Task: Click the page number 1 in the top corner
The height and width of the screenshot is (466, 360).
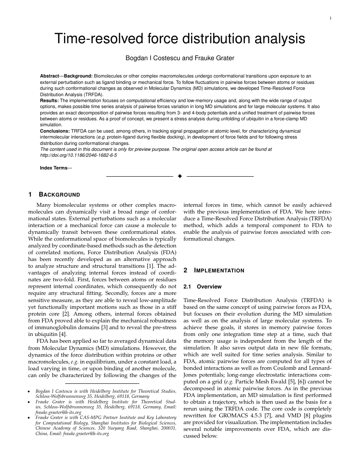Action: click(330, 18)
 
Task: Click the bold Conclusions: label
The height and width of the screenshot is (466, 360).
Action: click(55, 131)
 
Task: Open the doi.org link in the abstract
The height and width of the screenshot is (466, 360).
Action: click(78, 155)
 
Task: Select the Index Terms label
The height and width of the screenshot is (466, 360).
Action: click(53, 168)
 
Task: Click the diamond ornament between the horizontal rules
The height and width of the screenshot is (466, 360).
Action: click(180, 176)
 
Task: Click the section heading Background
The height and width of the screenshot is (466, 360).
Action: click(59, 195)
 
